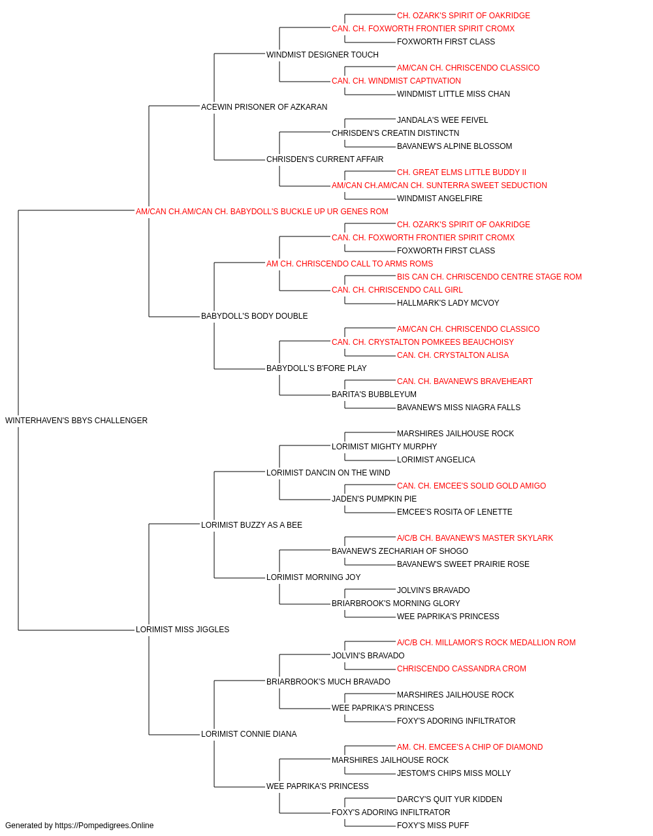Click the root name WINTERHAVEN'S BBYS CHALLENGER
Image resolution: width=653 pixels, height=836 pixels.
click(x=76, y=421)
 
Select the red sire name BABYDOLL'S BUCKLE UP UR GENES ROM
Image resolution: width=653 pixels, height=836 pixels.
click(x=262, y=212)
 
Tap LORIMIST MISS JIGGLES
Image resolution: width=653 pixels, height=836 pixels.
click(x=182, y=630)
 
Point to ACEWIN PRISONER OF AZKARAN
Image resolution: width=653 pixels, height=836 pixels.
click(x=264, y=107)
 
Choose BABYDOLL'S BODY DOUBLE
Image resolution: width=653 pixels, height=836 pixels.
click(x=254, y=316)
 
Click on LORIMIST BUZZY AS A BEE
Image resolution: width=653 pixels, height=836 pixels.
click(x=251, y=524)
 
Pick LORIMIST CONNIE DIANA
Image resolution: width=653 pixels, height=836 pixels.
click(x=249, y=733)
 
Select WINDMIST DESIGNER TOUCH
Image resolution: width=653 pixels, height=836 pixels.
click(x=323, y=55)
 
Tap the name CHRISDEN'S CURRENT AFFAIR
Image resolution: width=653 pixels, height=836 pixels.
click(x=325, y=159)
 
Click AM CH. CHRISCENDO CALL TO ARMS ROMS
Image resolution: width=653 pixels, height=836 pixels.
click(x=349, y=263)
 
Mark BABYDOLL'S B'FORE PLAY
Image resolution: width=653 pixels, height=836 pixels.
click(x=317, y=368)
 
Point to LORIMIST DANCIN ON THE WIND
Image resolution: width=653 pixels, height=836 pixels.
click(x=328, y=472)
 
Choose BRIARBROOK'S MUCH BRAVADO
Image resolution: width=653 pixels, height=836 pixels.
click(x=328, y=681)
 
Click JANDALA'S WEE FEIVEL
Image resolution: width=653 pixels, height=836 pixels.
click(x=442, y=120)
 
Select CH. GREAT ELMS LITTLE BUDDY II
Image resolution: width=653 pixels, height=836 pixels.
click(x=462, y=172)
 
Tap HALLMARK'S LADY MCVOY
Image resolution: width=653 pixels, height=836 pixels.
click(x=448, y=303)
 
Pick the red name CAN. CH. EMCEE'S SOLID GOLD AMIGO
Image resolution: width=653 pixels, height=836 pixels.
click(x=471, y=485)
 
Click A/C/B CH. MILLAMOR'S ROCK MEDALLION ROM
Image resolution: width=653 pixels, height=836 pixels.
click(x=486, y=643)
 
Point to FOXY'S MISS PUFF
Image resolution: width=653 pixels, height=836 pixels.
click(x=433, y=826)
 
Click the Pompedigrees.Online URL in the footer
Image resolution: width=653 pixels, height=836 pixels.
click(x=104, y=826)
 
